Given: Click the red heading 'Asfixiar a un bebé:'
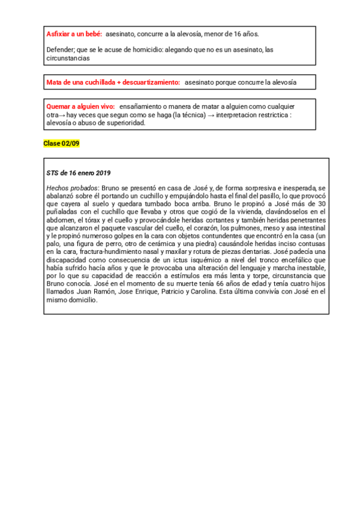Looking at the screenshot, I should pos(74,34).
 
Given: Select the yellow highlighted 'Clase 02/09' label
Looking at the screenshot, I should pos(61,143).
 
